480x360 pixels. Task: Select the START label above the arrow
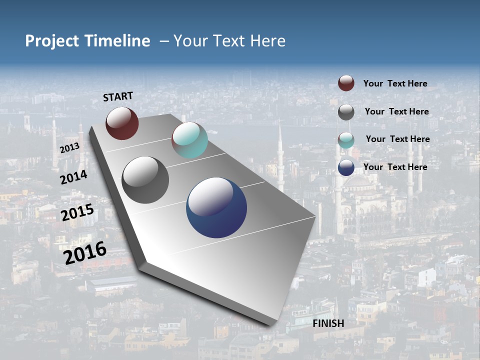(118, 96)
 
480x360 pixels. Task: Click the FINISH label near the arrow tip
(328, 323)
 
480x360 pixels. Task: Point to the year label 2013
(69, 148)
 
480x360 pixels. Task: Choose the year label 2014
(74, 177)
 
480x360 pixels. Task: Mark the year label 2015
(77, 212)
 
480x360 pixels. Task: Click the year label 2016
(85, 252)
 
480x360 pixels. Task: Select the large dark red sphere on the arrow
(122, 123)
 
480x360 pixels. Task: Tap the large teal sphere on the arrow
(189, 140)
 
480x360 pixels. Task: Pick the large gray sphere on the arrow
(145, 180)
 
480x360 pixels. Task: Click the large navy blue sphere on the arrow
(216, 207)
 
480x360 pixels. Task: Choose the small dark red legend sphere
(346, 83)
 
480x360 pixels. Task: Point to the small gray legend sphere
(346, 112)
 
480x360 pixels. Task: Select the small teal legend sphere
(346, 140)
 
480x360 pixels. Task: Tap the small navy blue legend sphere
(346, 167)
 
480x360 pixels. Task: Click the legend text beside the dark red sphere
(395, 83)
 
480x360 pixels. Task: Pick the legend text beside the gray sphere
(396, 111)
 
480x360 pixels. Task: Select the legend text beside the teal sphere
(397, 139)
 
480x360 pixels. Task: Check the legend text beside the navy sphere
(395, 167)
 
